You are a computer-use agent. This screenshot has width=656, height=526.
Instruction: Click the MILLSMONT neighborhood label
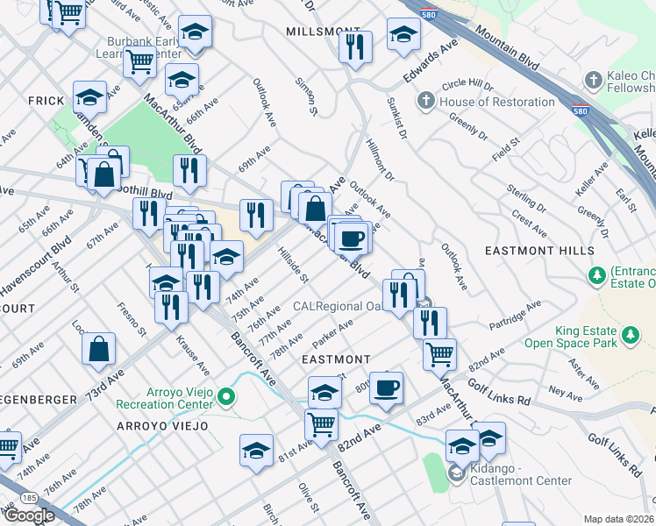(x=310, y=31)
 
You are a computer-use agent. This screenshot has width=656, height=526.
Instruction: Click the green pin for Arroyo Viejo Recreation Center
(x=226, y=397)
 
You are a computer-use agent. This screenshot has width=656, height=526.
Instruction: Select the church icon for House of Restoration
(x=425, y=102)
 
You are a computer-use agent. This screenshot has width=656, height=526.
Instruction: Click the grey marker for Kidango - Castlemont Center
(x=456, y=473)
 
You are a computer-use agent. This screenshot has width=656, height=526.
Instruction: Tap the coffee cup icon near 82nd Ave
(x=386, y=387)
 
